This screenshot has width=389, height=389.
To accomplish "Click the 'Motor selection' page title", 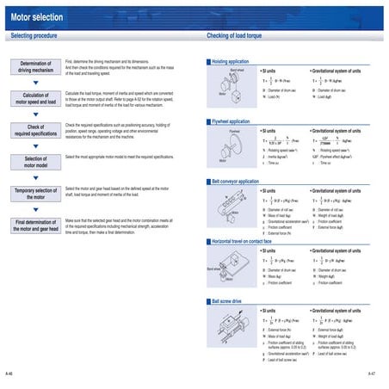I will (39, 15).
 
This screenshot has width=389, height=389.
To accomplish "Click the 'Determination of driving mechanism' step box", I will (35, 68).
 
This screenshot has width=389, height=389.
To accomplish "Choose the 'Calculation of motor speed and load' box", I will (35, 99).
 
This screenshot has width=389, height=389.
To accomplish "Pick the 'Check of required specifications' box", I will (35, 131).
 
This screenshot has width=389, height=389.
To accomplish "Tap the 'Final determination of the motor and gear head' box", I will (35, 225).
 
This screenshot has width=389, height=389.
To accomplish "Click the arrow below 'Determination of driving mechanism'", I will (35, 83).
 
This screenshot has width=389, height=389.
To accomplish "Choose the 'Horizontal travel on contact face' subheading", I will (249, 242).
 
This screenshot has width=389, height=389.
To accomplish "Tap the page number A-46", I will (9, 374).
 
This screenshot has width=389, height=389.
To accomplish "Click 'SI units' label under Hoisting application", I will (269, 70).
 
